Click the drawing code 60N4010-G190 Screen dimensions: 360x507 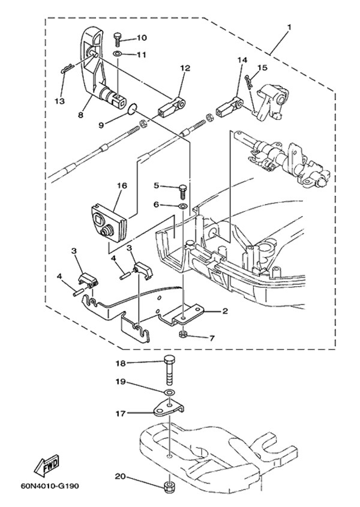[49, 486]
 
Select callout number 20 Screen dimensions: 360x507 [120, 476]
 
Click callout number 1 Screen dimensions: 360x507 [289, 28]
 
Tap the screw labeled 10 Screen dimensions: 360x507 [118, 39]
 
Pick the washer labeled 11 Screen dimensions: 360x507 [118, 53]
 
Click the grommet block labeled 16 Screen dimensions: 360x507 [108, 223]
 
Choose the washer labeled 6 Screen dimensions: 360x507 [182, 206]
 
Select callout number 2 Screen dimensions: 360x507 [224, 311]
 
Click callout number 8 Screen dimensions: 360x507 [80, 115]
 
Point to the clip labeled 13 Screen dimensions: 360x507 [67, 68]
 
